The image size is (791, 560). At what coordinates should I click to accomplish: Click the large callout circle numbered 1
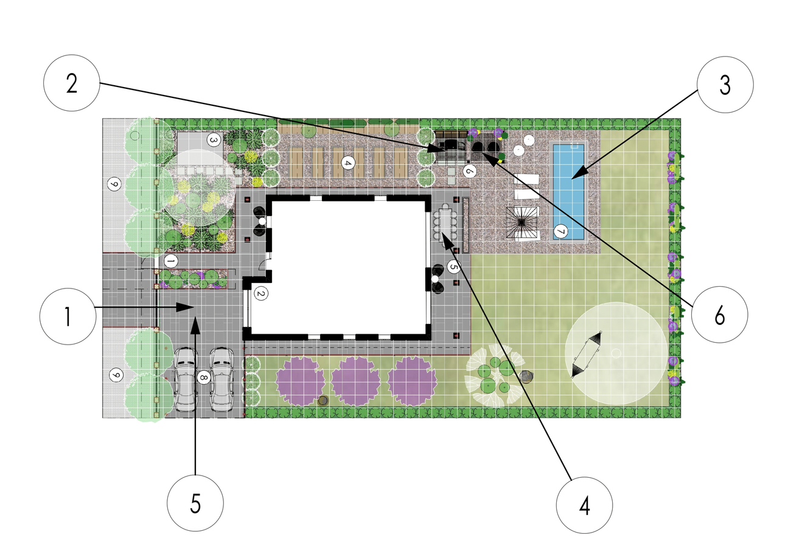click(x=68, y=316)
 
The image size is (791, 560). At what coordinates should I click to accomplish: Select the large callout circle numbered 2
click(x=72, y=83)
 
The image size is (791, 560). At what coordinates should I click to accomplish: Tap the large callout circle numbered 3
click(x=725, y=85)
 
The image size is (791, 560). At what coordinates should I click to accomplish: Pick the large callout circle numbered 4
click(x=584, y=505)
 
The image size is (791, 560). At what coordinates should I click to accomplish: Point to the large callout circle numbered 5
click(x=195, y=503)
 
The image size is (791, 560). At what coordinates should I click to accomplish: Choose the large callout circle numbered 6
click(x=720, y=315)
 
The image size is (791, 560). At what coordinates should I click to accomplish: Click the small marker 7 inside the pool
click(x=560, y=232)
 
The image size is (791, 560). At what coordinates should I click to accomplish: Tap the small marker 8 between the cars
click(x=203, y=377)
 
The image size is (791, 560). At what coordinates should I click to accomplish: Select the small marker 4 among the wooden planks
click(x=348, y=163)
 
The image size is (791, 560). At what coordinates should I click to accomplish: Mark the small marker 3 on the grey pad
click(x=214, y=140)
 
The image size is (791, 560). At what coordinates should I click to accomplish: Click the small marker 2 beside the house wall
click(x=261, y=293)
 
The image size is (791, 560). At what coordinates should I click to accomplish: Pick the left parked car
click(x=186, y=379)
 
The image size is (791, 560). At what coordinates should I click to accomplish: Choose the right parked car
click(x=221, y=379)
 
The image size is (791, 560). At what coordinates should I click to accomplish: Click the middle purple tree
click(x=355, y=381)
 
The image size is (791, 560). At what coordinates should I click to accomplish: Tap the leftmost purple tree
click(x=300, y=381)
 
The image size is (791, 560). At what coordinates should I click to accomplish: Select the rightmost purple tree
click(x=412, y=381)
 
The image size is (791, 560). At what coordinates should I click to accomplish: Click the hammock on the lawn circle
click(x=587, y=354)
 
